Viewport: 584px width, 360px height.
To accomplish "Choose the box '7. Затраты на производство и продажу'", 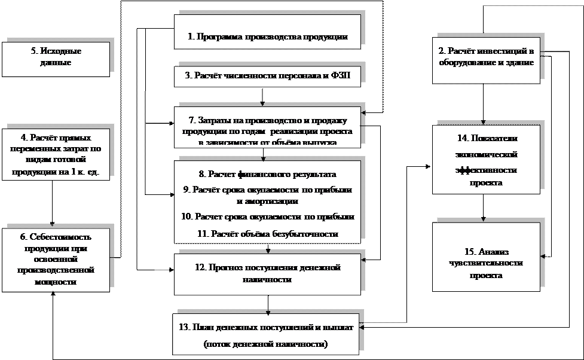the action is [x=267, y=127].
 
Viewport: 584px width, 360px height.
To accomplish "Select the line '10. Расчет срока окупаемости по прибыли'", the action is [x=267, y=216].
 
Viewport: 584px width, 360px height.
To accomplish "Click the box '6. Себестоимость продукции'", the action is [x=56, y=259].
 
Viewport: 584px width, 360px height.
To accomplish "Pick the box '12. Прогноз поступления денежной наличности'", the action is [x=267, y=274].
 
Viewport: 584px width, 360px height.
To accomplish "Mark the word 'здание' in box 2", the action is [x=518, y=62].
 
